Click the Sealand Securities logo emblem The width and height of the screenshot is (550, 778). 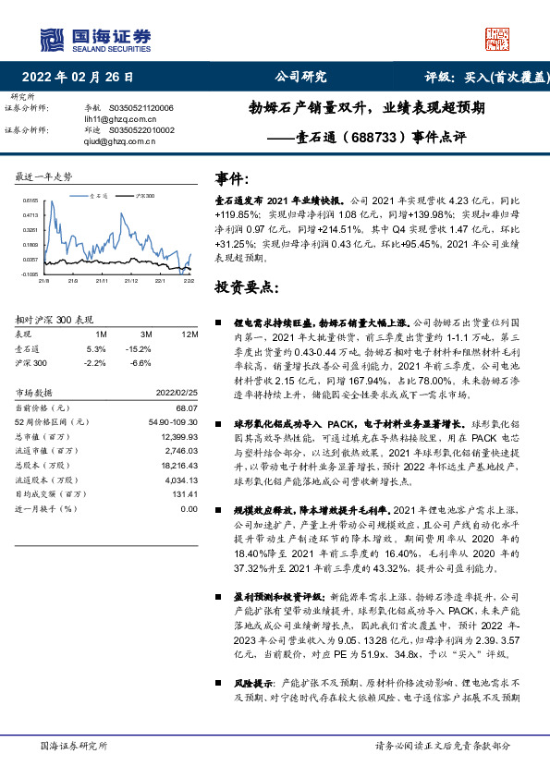click(50, 37)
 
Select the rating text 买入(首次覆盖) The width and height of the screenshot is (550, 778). click(503, 77)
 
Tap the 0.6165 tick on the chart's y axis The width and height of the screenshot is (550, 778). click(31, 200)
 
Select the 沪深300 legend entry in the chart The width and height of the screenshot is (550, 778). click(140, 197)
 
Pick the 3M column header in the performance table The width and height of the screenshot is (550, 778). click(145, 333)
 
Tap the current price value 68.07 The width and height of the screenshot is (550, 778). click(187, 407)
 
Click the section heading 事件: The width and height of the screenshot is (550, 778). click(232, 176)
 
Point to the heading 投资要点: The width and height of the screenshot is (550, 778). click(246, 287)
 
